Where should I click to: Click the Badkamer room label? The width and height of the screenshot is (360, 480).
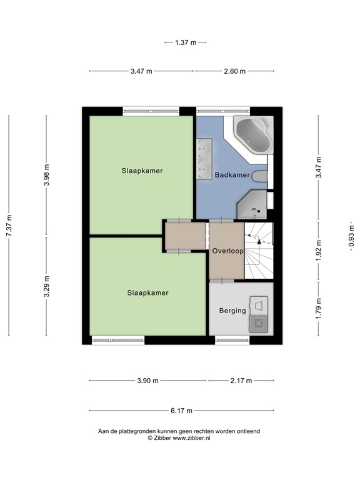pos(232,176)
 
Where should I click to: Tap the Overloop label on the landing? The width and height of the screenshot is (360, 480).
pos(227,251)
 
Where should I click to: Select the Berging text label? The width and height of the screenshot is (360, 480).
pos(232,311)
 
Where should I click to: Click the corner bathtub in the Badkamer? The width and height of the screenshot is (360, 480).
pos(253,134)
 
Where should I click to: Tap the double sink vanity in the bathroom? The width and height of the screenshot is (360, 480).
pos(204,159)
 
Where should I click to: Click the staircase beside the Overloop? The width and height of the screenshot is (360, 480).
pos(258,250)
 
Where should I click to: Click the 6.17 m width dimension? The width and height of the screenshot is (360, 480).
pos(181,411)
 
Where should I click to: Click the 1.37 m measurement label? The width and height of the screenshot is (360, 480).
pos(185,42)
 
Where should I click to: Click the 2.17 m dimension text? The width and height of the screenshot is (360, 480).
pos(240,381)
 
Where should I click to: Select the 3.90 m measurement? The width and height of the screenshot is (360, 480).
pos(147,381)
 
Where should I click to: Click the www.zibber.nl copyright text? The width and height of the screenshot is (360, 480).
pos(179,438)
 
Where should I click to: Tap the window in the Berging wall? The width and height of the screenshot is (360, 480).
pos(232,340)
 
